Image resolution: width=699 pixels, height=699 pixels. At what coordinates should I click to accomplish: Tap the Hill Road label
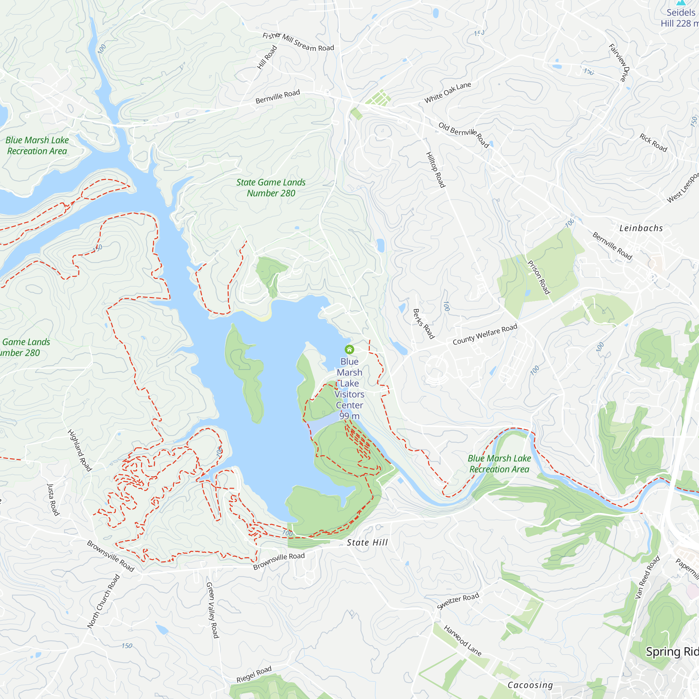pos(267,57)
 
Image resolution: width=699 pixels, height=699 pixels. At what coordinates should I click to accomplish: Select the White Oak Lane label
pos(448,92)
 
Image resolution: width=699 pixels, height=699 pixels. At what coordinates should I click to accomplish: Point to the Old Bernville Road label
pos(464,135)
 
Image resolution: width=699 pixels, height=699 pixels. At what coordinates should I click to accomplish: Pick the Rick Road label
pos(653,142)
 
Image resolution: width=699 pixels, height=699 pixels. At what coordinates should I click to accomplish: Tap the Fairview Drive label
pos(619,63)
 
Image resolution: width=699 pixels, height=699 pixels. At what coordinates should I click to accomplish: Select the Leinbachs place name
pos(641,228)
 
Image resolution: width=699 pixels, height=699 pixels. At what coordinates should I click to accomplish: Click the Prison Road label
pos(539,278)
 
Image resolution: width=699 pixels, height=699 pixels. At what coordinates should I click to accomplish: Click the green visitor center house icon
pos(349,349)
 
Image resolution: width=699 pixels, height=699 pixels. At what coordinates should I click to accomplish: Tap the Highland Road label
pos(80,451)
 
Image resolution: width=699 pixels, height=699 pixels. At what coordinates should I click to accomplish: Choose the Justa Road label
pos(53,500)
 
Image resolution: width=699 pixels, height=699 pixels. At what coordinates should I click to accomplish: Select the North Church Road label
pos(103,601)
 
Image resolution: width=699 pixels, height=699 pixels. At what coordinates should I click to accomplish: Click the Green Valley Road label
pos(212,610)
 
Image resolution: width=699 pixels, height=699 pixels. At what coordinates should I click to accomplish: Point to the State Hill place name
pos(367,542)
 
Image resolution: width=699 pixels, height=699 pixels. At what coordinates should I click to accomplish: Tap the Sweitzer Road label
pos(458,601)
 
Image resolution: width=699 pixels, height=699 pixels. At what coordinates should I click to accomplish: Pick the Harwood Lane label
pos(463,641)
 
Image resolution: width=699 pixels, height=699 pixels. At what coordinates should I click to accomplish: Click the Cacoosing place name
pos(530,685)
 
